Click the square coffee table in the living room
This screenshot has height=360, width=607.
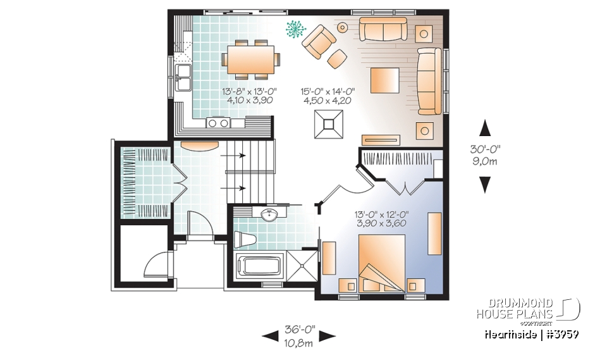[x=385, y=80]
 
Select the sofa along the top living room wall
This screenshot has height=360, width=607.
[x=383, y=29]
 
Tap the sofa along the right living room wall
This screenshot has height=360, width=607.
[x=430, y=81]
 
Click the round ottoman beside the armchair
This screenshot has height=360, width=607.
[x=337, y=59]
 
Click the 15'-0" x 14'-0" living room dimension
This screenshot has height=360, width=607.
[x=327, y=96]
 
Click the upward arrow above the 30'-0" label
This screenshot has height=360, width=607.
[x=485, y=128]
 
